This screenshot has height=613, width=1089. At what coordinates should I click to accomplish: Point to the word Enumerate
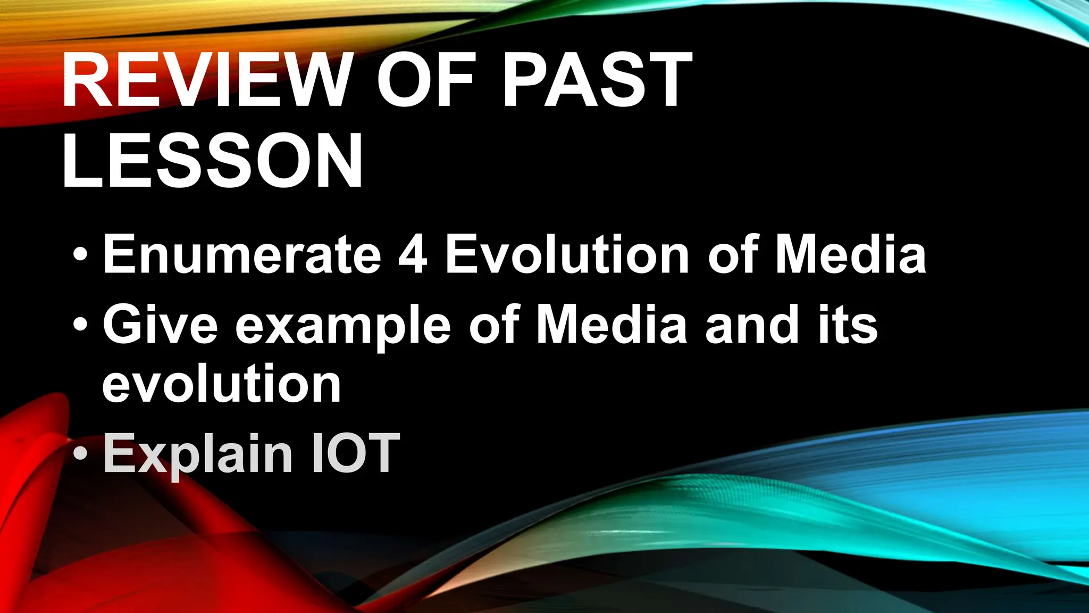pyautogui.click(x=242, y=254)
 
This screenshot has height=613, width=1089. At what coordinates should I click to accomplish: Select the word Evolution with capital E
pyautogui.click(x=567, y=254)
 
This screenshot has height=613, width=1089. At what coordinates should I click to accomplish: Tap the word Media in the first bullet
pyautogui.click(x=851, y=254)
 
